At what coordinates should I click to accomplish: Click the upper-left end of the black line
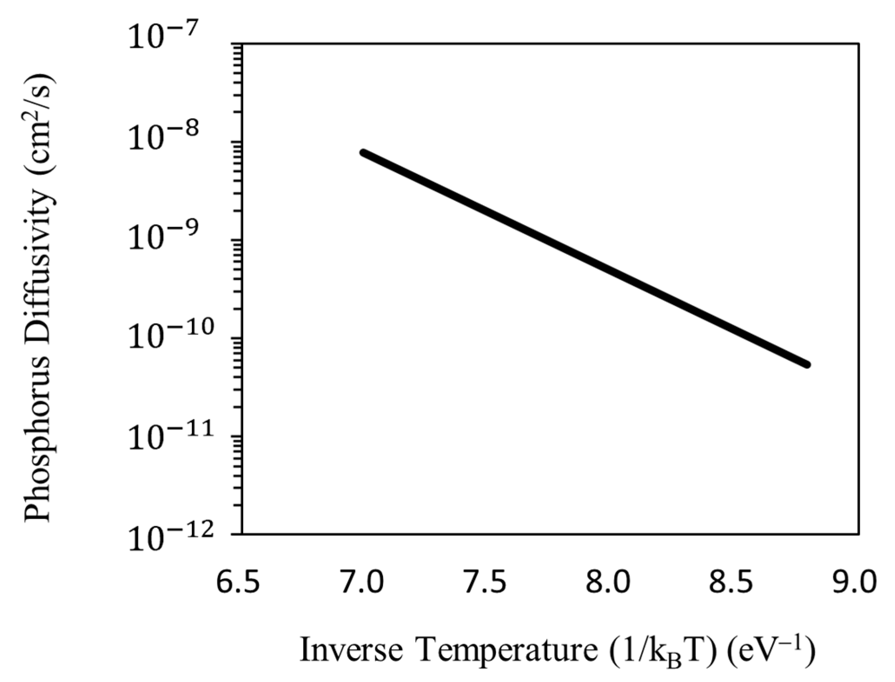(363, 152)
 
